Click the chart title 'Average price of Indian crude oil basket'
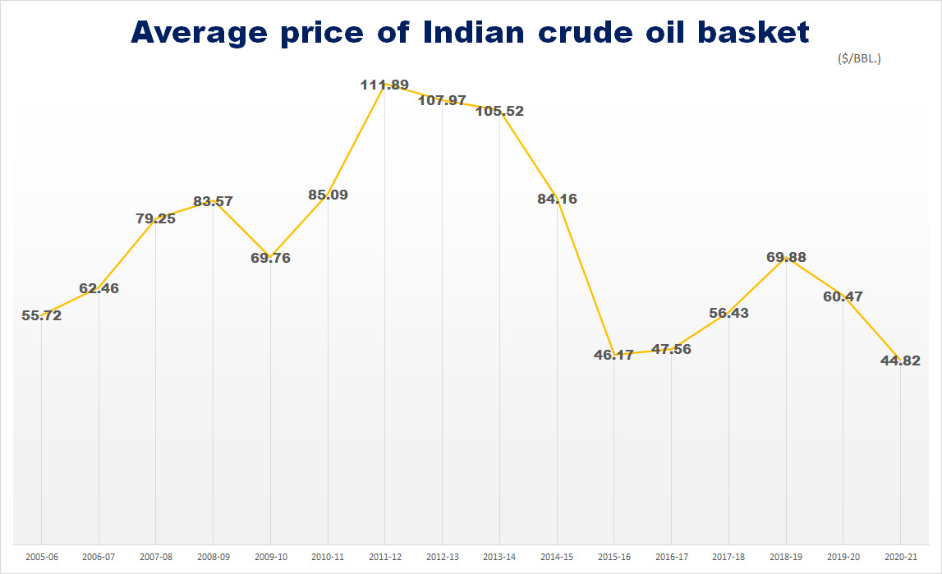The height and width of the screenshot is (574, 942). (x=470, y=32)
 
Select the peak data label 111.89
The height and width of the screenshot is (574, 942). (x=384, y=85)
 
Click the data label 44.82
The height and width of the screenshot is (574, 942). (x=901, y=360)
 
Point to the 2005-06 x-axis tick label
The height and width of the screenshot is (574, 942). (x=41, y=557)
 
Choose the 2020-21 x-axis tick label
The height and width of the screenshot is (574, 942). (x=901, y=557)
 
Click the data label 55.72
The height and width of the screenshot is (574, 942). (x=41, y=315)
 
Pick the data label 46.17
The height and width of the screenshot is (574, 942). (x=613, y=355)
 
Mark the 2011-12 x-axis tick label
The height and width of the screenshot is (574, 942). (x=384, y=557)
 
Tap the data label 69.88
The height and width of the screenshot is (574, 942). (x=786, y=257)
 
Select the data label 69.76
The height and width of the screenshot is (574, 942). (x=270, y=258)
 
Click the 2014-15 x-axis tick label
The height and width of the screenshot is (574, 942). (x=556, y=557)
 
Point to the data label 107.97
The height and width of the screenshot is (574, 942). (x=442, y=100)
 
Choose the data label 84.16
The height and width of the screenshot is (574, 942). (x=556, y=198)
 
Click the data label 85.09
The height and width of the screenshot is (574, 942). (x=328, y=195)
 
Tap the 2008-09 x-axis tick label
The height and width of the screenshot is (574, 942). (x=213, y=557)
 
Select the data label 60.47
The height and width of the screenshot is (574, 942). (x=843, y=296)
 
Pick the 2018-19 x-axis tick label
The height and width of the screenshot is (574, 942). (x=786, y=557)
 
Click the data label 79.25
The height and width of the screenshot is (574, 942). (x=155, y=218)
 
